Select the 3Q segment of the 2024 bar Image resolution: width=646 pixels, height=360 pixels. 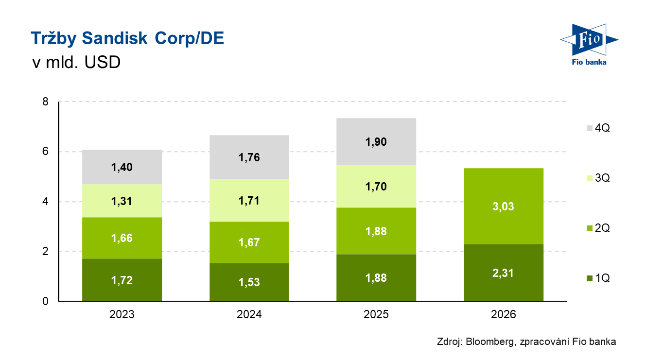click(x=249, y=200)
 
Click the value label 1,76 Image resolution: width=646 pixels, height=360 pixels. click(x=249, y=157)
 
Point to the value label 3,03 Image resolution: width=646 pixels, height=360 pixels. click(x=503, y=206)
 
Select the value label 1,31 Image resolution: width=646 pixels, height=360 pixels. click(x=122, y=201)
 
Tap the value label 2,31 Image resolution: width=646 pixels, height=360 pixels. click(x=503, y=273)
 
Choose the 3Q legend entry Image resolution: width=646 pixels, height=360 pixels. click(x=597, y=178)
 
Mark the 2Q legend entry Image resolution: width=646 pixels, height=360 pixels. click(x=597, y=228)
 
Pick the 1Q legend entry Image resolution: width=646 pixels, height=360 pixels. click(x=597, y=278)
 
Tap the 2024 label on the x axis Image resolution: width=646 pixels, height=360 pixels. click(x=249, y=314)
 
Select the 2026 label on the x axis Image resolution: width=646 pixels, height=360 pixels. click(x=503, y=314)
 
